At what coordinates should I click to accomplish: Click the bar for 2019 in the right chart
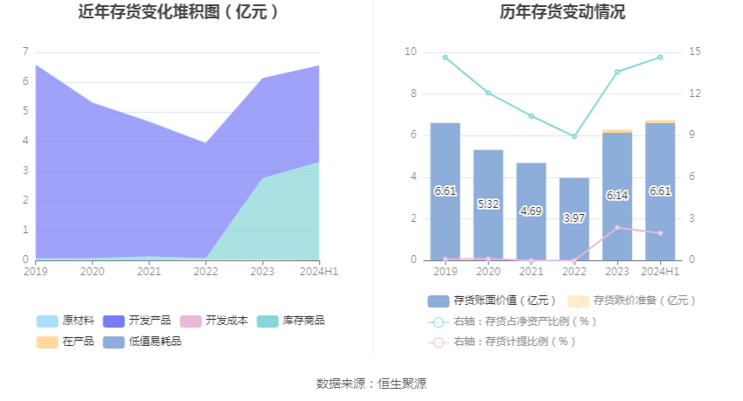[x=445, y=191]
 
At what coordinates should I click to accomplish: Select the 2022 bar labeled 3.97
[x=574, y=218]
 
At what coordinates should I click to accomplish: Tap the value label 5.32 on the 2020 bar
[x=488, y=204]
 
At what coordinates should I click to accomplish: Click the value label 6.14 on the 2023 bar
[x=617, y=196]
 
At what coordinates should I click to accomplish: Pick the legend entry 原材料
[x=66, y=321]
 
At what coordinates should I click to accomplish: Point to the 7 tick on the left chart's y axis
[x=25, y=52]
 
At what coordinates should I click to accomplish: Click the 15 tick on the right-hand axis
[x=694, y=52]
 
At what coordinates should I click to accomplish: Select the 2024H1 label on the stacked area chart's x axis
[x=318, y=272]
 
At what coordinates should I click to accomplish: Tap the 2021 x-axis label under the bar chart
[x=531, y=272]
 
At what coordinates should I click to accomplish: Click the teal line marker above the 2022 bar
[x=574, y=136]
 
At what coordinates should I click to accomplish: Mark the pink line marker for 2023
[x=617, y=228]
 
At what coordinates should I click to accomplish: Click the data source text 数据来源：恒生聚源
[x=371, y=384]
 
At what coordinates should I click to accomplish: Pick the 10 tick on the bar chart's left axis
[x=411, y=52]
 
